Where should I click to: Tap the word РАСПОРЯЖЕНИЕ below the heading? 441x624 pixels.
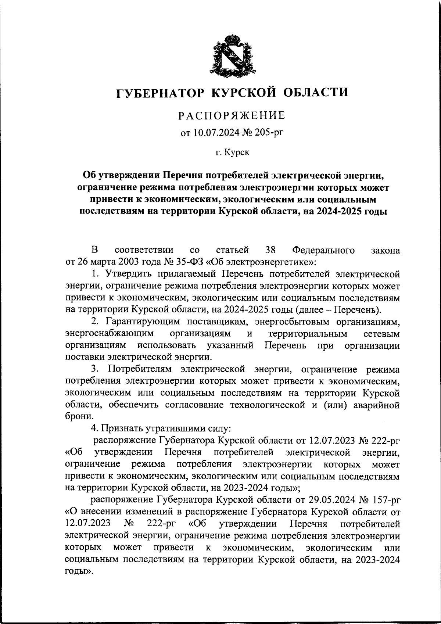pos(232,116)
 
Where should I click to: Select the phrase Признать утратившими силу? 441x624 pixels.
pos(166,428)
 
